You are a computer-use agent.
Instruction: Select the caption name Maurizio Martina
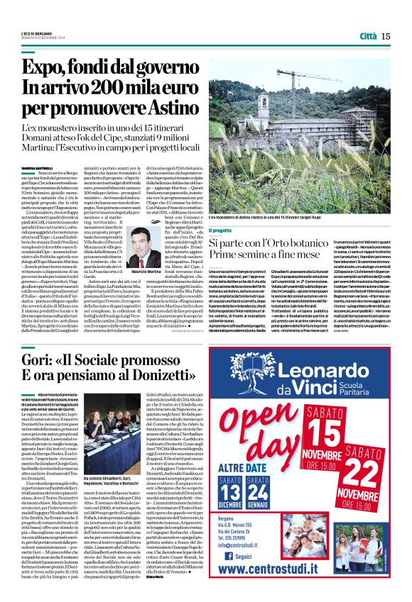[x=146, y=272]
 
